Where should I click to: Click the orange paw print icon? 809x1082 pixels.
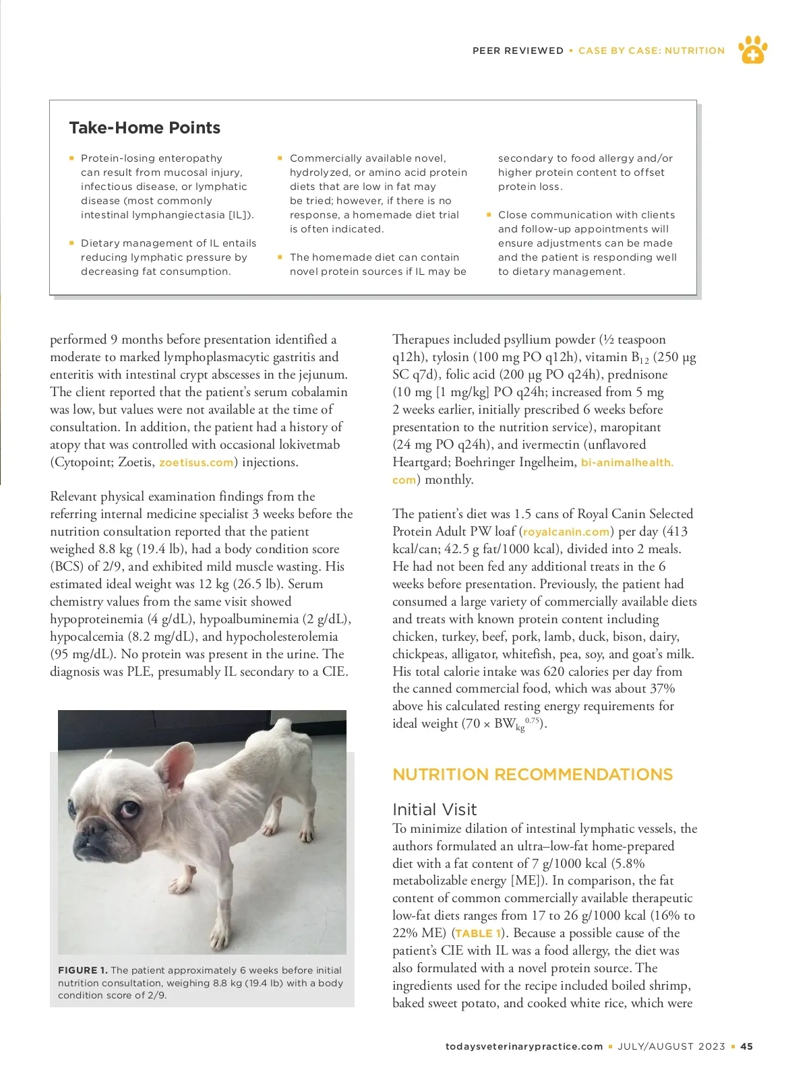[752, 50]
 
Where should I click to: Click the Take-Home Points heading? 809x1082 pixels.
[144, 128]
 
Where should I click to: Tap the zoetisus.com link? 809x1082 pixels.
[196, 463]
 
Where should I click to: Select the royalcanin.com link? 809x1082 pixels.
[566, 532]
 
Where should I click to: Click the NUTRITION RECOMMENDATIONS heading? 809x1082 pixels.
[533, 775]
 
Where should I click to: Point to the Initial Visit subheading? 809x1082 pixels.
[434, 810]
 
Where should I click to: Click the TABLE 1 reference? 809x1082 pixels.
[478, 934]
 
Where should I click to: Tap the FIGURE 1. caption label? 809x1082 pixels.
[82, 971]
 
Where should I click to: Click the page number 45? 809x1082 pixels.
[746, 1047]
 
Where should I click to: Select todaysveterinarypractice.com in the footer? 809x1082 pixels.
[524, 1047]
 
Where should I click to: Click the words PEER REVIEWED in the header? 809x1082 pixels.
[518, 51]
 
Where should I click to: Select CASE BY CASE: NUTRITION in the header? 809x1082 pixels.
[651, 51]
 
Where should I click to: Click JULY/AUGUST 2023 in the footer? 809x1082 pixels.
[671, 1047]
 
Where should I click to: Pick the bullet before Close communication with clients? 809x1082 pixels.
[489, 215]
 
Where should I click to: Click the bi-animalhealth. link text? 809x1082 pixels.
[627, 463]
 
